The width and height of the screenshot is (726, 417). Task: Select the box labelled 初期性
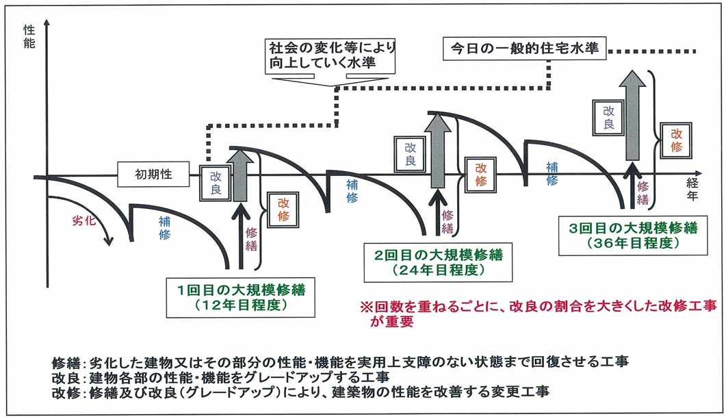coord(153,175)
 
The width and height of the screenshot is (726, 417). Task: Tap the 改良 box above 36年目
coord(607,117)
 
